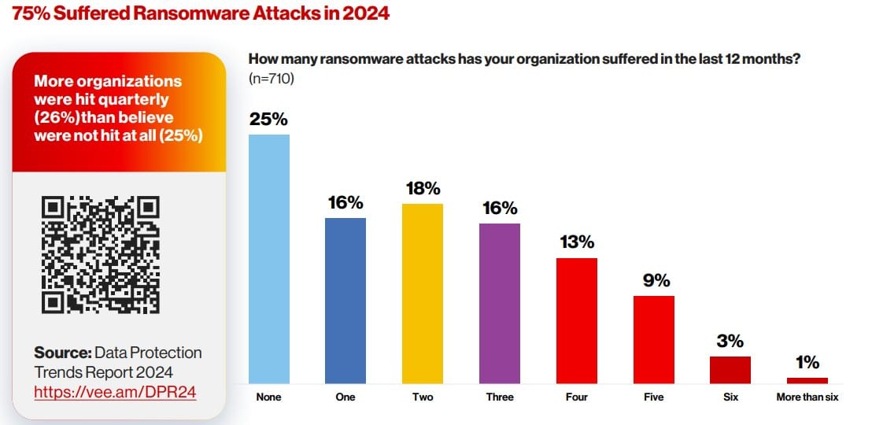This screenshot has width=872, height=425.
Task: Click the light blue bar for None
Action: tap(269, 259)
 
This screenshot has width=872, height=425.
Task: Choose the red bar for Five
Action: tap(654, 340)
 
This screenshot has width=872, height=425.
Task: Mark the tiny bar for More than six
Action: tap(807, 380)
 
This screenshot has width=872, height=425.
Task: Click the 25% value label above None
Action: tap(269, 120)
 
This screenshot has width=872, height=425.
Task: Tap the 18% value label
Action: tap(423, 189)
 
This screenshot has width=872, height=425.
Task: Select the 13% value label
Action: tap(577, 242)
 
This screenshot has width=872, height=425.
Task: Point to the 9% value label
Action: tap(655, 280)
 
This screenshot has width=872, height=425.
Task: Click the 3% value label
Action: tap(730, 342)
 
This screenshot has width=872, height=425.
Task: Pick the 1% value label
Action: tap(807, 363)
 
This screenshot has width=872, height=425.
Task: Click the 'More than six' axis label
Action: tap(807, 397)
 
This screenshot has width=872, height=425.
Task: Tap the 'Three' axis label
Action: tap(500, 397)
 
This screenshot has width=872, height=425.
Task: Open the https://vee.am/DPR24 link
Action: tap(115, 391)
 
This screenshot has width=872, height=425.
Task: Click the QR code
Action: tap(101, 255)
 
